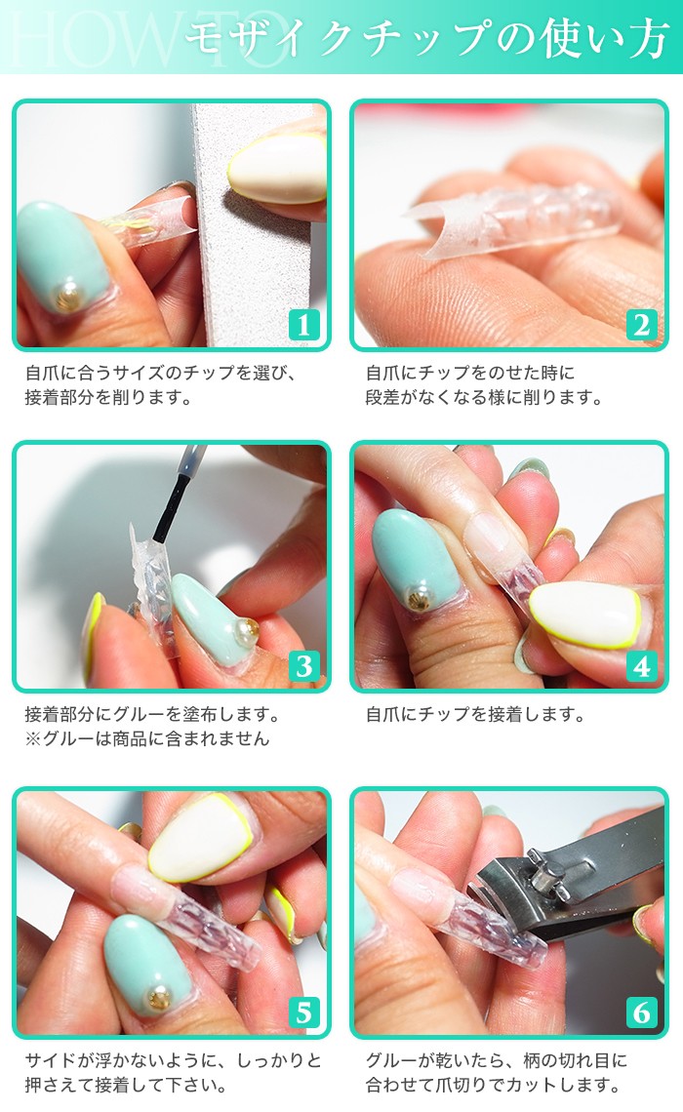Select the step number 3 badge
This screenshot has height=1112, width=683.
coord(303,666)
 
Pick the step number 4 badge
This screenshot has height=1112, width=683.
coord(641,666)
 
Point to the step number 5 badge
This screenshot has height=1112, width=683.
coord(303,1012)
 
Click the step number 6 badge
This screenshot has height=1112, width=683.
coord(641,1012)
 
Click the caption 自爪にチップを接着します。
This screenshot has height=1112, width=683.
coord(475,715)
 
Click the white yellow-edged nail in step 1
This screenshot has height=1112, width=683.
coord(279,168)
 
